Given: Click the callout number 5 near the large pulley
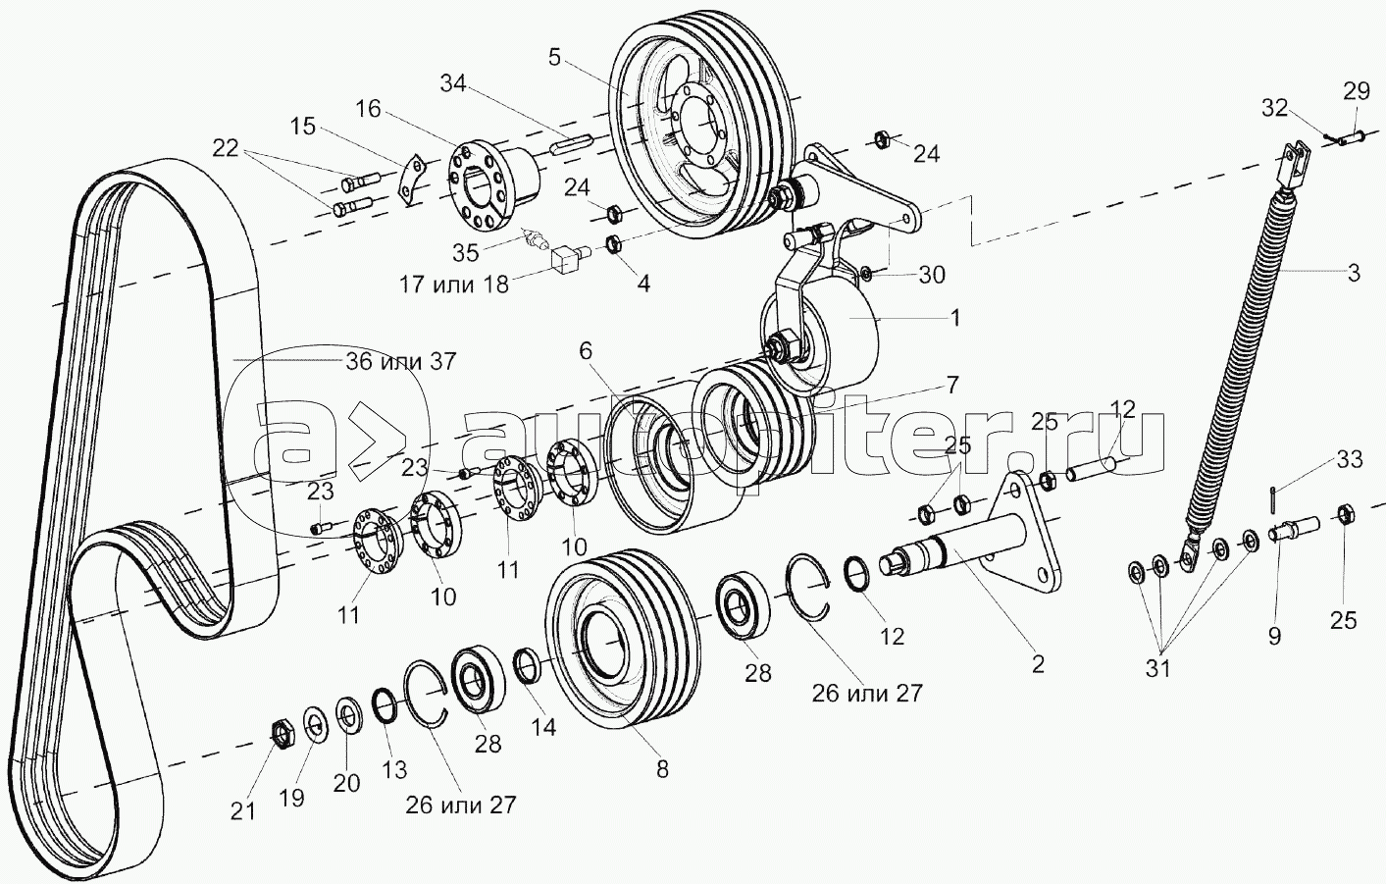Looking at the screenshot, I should (x=554, y=57).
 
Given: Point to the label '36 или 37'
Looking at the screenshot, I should (x=400, y=361).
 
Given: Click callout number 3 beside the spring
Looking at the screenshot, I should (x=1353, y=274).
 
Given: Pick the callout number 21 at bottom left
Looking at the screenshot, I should (x=242, y=810).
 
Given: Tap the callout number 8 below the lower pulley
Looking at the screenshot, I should (x=662, y=770).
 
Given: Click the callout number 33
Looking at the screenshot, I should (x=1349, y=460).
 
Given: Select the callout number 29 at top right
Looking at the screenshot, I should (x=1356, y=92).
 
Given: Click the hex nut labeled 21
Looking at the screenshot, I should (x=282, y=732).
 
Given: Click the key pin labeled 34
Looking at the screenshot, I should (x=568, y=143).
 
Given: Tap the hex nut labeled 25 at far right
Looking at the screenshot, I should (x=1346, y=512).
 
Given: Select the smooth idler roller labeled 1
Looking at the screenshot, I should (x=834, y=338).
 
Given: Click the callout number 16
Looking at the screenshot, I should (x=368, y=109).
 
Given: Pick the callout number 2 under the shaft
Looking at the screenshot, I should (x=1038, y=664).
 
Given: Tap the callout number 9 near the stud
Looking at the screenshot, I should (x=1274, y=637).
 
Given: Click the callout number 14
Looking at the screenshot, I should (x=542, y=727).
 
